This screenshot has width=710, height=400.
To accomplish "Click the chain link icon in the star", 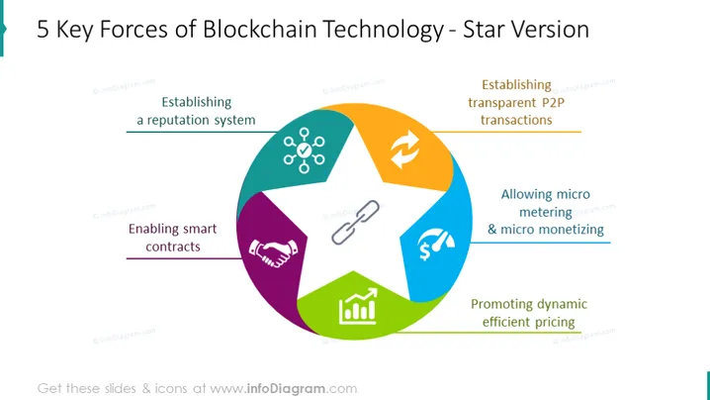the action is [x=355, y=223].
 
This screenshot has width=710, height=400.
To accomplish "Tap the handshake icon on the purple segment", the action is [x=274, y=253].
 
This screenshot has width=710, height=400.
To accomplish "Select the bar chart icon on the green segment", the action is [x=358, y=306].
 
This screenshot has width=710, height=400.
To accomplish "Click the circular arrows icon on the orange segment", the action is [x=404, y=150].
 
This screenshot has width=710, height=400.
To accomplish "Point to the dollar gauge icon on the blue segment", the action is [x=436, y=245].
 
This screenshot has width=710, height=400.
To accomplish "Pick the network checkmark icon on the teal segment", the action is [x=304, y=150].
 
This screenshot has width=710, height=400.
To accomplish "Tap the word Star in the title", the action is [x=487, y=30].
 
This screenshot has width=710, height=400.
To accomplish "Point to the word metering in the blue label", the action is [x=546, y=212].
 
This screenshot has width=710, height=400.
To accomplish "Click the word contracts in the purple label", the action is [x=173, y=247].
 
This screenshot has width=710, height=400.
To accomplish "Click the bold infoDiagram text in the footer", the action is [x=286, y=389].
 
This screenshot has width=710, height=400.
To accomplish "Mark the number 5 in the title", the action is [x=43, y=30].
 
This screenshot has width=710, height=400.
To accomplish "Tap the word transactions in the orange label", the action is [x=516, y=120].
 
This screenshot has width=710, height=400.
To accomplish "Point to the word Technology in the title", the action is [x=384, y=30].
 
